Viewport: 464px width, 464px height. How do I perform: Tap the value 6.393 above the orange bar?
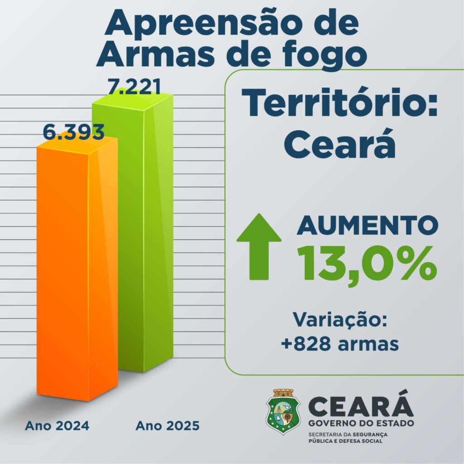pyautogui.click(x=74, y=132)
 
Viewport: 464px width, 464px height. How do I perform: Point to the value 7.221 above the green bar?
pyautogui.click(x=134, y=86)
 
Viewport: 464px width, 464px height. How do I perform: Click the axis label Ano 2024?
pyautogui.click(x=57, y=426)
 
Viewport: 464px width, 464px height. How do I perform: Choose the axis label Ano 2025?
pyautogui.click(x=167, y=426)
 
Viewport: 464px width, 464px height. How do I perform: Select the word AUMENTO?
pyautogui.click(x=367, y=226)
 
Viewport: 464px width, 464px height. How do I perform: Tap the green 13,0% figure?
pyautogui.click(x=367, y=263)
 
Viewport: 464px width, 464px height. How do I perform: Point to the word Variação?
pyautogui.click(x=340, y=319)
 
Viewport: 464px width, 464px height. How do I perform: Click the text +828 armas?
pyautogui.click(x=340, y=343)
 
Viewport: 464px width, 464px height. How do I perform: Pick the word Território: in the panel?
pyautogui.click(x=340, y=103)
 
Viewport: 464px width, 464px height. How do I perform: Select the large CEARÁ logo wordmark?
pyautogui.click(x=361, y=406)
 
